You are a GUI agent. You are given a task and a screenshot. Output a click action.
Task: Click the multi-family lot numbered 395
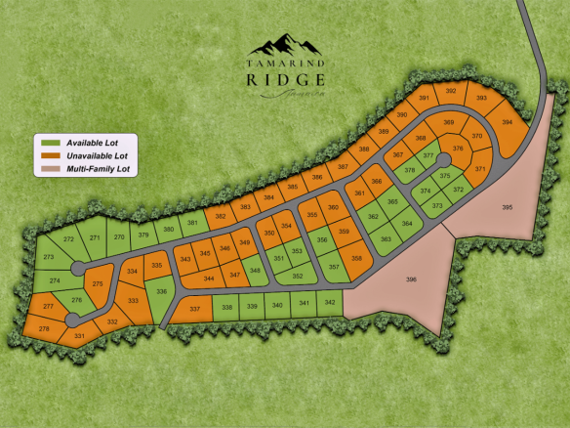click(x=507, y=207)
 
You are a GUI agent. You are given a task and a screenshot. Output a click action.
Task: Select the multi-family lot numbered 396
click(x=411, y=279)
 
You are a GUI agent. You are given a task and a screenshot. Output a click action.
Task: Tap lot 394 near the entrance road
click(x=507, y=122)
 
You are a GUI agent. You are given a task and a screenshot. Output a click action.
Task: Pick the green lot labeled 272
click(x=69, y=239)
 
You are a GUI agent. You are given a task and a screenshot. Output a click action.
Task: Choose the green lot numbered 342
click(x=331, y=305)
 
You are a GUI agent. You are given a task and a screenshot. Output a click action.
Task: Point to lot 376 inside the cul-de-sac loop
click(x=458, y=149)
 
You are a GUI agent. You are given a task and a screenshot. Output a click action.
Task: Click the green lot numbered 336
click(x=162, y=291)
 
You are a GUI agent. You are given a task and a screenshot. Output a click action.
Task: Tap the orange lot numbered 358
click(x=357, y=258)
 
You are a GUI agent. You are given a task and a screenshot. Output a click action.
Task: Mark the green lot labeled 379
click(x=142, y=235)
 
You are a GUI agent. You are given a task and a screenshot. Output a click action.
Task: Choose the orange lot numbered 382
click(x=221, y=215)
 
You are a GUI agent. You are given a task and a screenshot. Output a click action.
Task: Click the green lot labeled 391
click(x=425, y=99)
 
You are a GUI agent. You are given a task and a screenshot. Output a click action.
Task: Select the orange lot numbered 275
click(x=98, y=283)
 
